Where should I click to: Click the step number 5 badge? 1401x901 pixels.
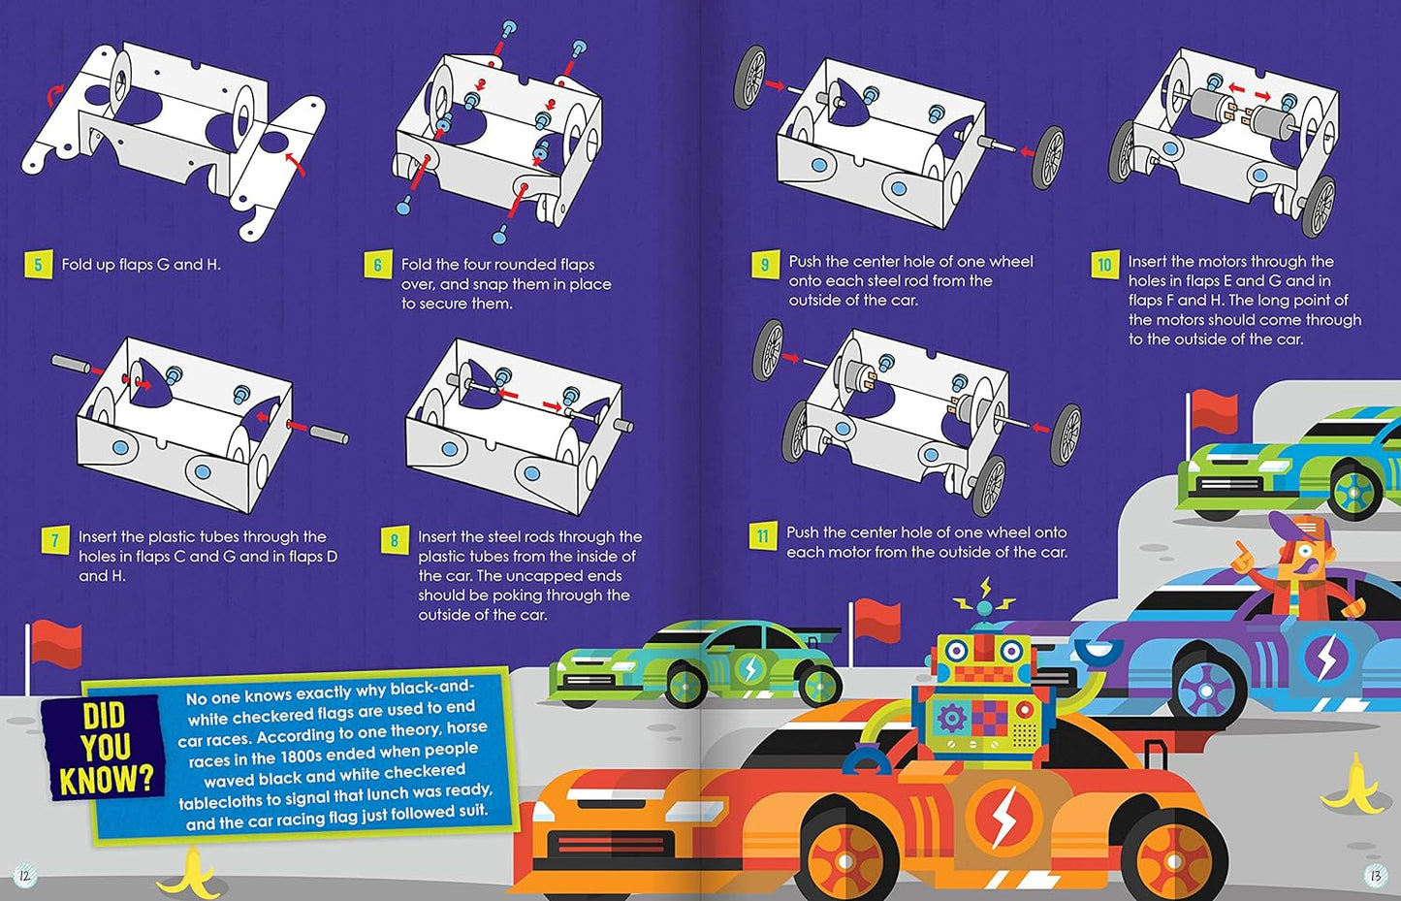point(38,264)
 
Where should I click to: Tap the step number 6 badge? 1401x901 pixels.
point(377,265)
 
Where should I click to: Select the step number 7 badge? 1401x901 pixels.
point(54,540)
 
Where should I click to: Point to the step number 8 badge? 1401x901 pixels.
point(394,540)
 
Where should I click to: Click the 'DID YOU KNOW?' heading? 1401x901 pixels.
point(104,748)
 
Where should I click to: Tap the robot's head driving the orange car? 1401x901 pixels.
point(983,661)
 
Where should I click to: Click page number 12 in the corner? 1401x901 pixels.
point(24,875)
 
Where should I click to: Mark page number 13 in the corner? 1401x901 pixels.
point(1375,875)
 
